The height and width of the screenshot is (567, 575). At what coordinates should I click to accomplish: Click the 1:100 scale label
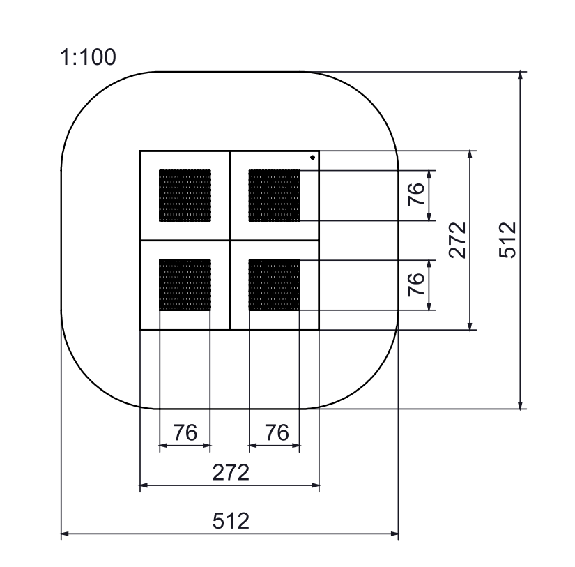(89, 57)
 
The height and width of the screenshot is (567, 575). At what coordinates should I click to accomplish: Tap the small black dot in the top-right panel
(312, 158)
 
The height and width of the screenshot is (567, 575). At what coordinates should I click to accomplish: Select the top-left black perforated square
(185, 195)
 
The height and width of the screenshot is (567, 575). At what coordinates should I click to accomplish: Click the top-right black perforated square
(275, 195)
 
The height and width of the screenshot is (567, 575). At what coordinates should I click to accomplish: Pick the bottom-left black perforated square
(185, 285)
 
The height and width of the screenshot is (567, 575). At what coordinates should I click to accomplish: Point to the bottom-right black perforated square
(275, 285)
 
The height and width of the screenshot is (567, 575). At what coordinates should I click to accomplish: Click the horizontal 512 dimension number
(231, 521)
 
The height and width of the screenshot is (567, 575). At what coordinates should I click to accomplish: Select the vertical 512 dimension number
(508, 240)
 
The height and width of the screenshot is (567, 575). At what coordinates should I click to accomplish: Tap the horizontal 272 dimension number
(231, 472)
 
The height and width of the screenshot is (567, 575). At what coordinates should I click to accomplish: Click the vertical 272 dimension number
(457, 240)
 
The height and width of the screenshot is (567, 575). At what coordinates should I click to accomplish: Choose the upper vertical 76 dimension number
(416, 195)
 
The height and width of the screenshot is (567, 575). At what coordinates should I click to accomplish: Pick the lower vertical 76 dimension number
(416, 285)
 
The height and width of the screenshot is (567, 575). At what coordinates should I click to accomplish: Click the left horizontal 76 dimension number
(185, 432)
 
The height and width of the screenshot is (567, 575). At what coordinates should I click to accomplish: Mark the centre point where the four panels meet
(230, 240)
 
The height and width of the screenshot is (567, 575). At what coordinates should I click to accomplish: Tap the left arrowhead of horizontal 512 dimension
(65, 535)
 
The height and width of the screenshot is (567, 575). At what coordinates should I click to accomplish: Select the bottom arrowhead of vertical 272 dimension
(471, 326)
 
